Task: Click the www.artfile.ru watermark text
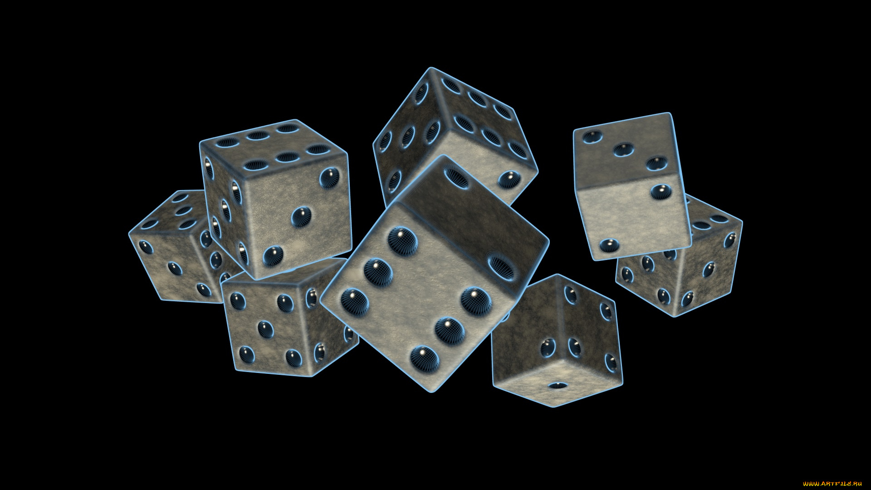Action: [x=832, y=484]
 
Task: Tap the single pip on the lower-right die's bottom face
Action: [x=558, y=386]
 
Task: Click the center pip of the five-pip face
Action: [x=265, y=329]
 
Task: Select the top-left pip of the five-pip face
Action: [x=237, y=301]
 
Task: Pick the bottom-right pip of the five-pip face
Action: [x=294, y=358]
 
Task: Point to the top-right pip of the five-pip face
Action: [x=285, y=303]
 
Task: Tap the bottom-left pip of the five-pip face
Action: [x=246, y=354]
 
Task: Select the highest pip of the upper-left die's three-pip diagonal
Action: [x=329, y=177]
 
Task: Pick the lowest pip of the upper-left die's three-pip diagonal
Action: [x=274, y=256]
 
